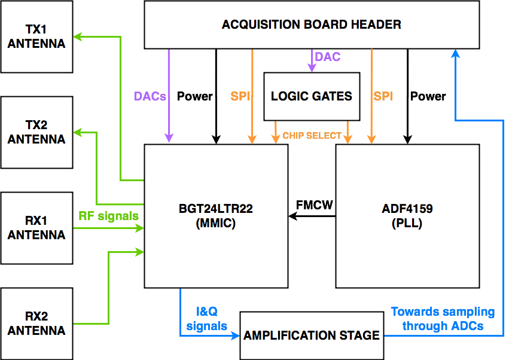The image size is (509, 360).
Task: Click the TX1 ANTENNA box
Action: click(36, 36)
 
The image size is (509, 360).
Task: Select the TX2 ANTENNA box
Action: click(36, 132)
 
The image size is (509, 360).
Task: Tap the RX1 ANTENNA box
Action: click(36, 228)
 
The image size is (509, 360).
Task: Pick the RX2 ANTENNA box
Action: click(36, 324)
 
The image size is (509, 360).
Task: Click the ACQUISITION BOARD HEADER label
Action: click(311, 25)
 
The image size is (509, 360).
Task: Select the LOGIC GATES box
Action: click(312, 96)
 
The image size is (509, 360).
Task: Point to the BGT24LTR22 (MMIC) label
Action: click(216, 216)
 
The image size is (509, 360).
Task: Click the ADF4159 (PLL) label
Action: click(407, 216)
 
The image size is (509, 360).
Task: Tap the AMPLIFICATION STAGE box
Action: click(312, 335)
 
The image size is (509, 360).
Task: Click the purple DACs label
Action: click(150, 96)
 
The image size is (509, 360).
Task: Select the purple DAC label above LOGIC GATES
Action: click(328, 57)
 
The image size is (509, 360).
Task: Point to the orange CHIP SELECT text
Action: click(312, 136)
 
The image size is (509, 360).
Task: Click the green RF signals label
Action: click(108, 216)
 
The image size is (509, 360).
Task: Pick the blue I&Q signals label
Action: click(206, 319)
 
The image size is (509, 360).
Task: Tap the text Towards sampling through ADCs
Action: click(443, 319)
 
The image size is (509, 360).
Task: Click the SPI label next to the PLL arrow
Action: click(383, 96)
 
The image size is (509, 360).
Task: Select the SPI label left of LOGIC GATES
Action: click(240, 96)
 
